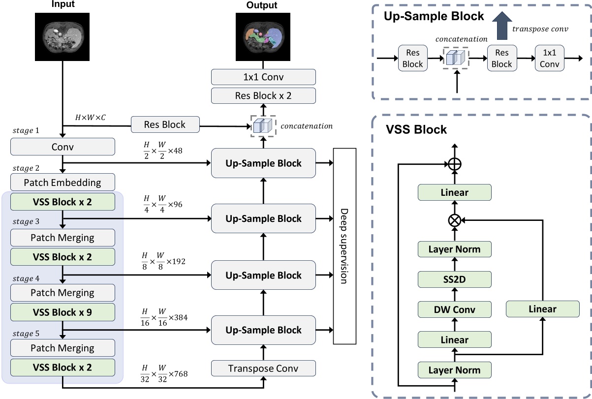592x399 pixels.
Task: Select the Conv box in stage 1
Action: (62, 147)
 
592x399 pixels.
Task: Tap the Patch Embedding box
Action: (62, 183)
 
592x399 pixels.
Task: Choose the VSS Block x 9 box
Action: (62, 312)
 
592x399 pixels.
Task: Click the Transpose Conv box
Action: (263, 368)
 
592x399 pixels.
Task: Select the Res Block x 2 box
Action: (263, 95)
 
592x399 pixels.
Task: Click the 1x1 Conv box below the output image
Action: (263, 77)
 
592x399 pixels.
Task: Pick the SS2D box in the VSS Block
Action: (454, 279)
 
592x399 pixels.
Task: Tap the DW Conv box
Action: (454, 309)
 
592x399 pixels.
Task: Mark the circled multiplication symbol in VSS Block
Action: (454, 221)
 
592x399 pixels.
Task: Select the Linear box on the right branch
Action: (542, 309)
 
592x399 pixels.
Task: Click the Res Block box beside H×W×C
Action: (165, 124)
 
